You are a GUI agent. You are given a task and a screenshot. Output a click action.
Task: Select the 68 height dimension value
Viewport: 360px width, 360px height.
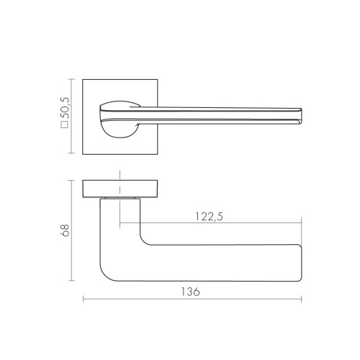tap(64, 230)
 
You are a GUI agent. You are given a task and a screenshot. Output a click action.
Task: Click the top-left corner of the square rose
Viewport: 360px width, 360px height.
tap(84, 80)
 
